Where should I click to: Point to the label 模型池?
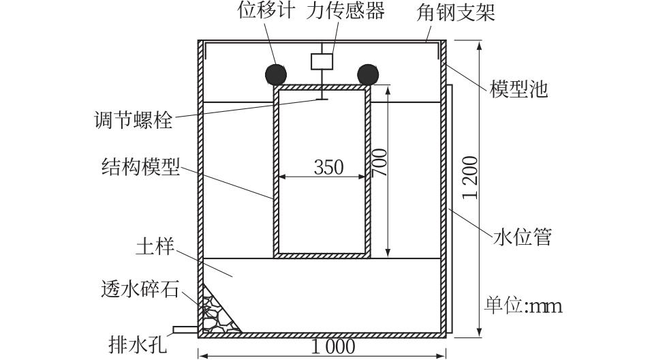(x=518, y=89)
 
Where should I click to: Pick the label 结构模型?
(x=140, y=166)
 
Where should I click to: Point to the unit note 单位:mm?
(x=523, y=306)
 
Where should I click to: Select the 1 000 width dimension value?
(x=333, y=346)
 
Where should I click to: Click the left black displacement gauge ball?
(x=276, y=73)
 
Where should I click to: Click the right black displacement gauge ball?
(x=367, y=73)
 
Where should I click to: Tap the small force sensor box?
(x=321, y=61)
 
